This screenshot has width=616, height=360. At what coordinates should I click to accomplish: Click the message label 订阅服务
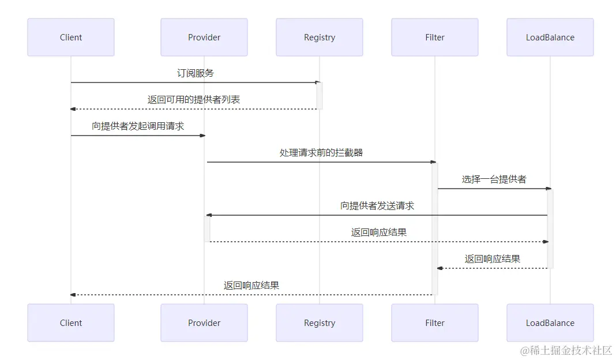click(196, 73)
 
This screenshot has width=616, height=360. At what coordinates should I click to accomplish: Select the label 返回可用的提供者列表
click(194, 100)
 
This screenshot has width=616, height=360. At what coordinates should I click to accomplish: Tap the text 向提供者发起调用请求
click(138, 126)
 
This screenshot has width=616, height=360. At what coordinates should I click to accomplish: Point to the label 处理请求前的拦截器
click(321, 153)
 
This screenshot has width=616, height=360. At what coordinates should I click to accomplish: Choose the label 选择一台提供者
click(494, 179)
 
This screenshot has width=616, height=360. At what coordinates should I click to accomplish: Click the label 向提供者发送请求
click(377, 206)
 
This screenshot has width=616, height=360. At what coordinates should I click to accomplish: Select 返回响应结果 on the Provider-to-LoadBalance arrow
click(378, 232)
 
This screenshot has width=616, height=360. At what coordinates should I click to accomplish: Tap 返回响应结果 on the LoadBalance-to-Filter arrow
click(493, 259)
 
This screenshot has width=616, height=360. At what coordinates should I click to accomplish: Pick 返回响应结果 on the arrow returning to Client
click(251, 286)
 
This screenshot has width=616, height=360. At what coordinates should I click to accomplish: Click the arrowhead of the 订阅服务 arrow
click(318, 82)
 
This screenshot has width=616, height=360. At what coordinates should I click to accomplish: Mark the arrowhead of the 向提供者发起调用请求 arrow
click(202, 136)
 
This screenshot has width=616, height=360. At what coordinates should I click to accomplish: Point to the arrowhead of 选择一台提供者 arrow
click(549, 189)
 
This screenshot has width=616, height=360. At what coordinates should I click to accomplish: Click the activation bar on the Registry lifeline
click(320, 96)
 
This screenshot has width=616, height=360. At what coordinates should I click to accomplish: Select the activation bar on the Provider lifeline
click(206, 228)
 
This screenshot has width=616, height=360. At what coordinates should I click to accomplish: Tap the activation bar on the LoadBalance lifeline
click(550, 228)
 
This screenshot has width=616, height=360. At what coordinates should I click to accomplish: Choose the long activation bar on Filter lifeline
click(435, 228)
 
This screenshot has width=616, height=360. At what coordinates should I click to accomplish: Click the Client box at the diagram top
click(71, 37)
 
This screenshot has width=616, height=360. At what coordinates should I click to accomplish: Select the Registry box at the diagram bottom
click(320, 323)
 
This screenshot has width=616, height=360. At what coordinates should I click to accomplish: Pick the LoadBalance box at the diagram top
click(550, 37)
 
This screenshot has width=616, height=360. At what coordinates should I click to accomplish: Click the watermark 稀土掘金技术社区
click(566, 350)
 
